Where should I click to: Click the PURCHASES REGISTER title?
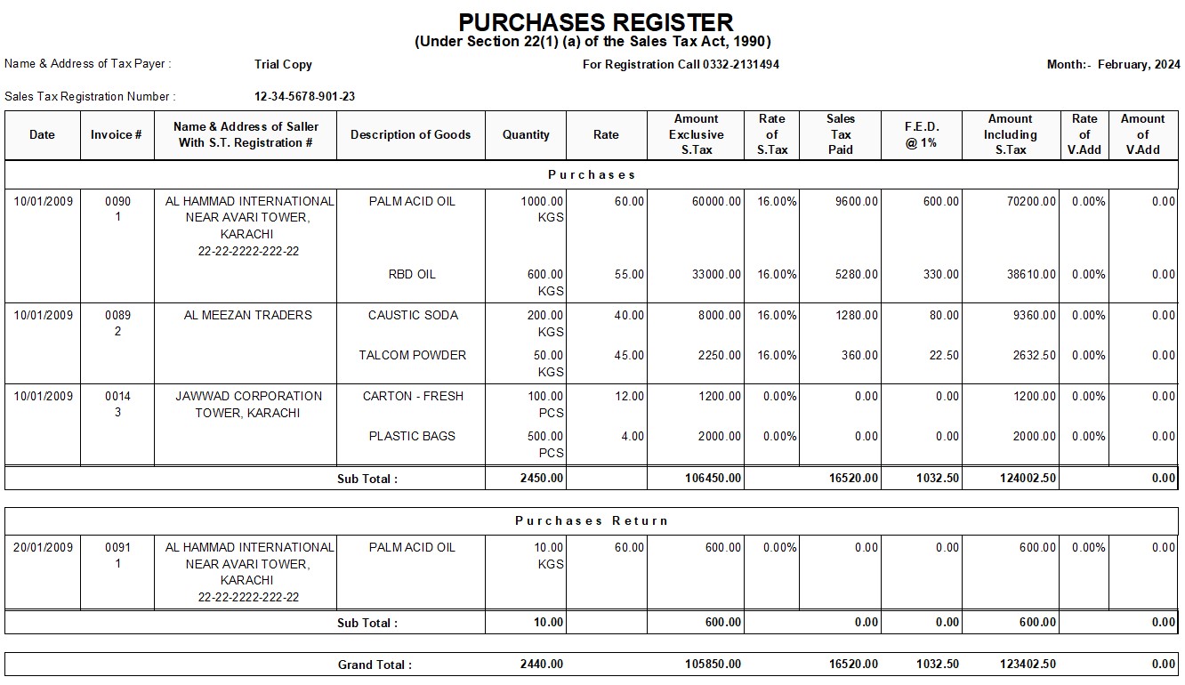tap(596, 23)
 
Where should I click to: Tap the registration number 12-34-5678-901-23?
tap(305, 97)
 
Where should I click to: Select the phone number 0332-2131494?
tap(740, 65)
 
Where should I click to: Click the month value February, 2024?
tap(1139, 65)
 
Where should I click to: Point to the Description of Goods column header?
tap(410, 135)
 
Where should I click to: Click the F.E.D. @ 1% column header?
tap(922, 135)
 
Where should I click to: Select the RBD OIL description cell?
tap(412, 275)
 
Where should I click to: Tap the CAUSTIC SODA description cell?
tap(413, 315)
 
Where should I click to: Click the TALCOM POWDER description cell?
tap(413, 356)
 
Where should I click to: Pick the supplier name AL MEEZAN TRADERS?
tap(247, 315)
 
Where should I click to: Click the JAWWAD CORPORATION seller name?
tap(248, 396)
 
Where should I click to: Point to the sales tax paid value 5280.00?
tap(856, 275)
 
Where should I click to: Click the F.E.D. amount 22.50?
tap(944, 356)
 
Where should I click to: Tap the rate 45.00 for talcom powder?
tap(629, 356)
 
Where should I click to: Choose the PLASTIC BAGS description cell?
tap(412, 437)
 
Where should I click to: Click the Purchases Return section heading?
tap(592, 521)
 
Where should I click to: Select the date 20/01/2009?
tap(43, 547)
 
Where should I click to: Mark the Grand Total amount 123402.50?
tap(1028, 665)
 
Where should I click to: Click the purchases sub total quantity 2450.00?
tap(541, 479)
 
